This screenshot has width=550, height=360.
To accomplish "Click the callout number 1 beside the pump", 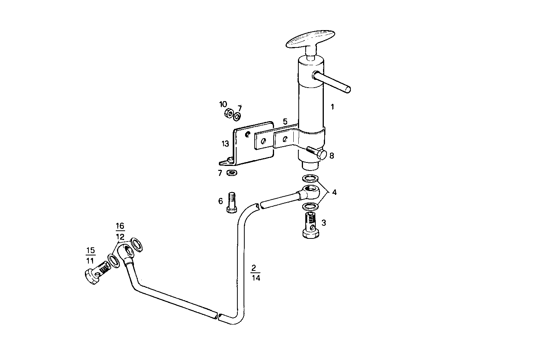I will [x=332, y=107].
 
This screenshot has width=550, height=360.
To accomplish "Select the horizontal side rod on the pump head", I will [x=333, y=83].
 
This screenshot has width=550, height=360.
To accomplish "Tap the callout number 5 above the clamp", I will [x=285, y=122].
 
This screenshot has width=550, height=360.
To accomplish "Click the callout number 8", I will [x=332, y=155].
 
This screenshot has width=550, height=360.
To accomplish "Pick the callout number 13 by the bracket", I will [x=225, y=144].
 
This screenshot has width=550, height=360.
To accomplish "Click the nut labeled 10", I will [x=228, y=114].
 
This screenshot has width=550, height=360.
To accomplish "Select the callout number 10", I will [x=223, y=104].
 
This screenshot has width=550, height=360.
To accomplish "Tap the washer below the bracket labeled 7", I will [x=232, y=172].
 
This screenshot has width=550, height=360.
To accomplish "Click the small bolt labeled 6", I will [x=231, y=202].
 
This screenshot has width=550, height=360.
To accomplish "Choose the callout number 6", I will [x=220, y=201].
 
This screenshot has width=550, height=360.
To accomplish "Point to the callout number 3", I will [x=323, y=223].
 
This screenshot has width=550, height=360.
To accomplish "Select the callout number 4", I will [x=334, y=192].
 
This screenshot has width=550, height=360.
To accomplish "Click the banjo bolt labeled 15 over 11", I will [x=96, y=272].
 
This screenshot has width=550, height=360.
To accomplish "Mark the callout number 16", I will [x=120, y=226].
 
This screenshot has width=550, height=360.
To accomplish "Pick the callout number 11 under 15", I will [x=90, y=260].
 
